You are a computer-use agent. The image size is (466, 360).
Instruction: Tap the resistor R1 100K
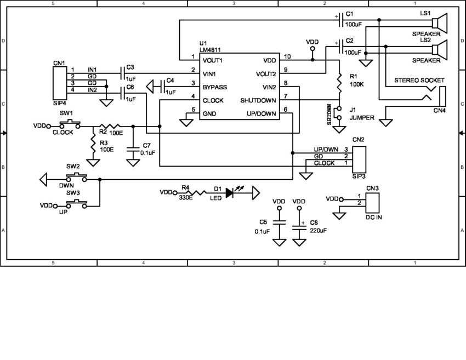click(x=339, y=83)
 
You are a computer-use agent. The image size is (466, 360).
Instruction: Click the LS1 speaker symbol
click(x=439, y=21)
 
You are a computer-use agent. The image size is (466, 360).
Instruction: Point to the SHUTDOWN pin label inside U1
click(x=258, y=101)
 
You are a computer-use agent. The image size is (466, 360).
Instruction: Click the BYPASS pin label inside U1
click(x=214, y=87)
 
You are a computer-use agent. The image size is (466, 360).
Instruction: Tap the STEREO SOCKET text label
click(x=419, y=81)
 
